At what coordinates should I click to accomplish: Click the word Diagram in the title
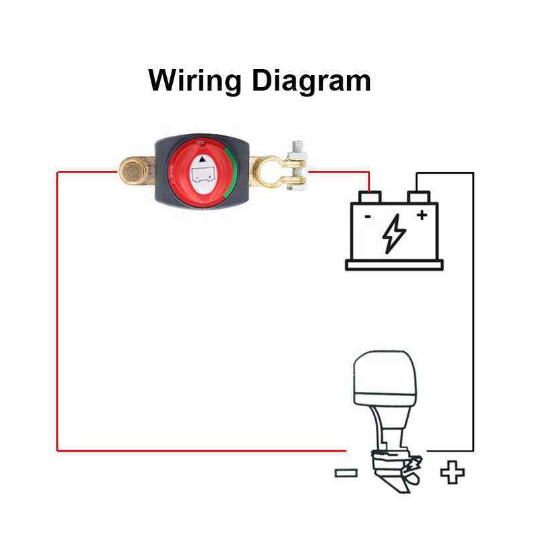pos(312,80)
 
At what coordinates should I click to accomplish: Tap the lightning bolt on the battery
pos(394,234)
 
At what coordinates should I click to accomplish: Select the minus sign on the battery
pos(368,216)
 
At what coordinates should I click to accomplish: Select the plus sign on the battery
pos(422,214)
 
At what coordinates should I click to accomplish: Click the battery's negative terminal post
pos(370,197)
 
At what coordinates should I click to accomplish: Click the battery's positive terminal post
pos(418,197)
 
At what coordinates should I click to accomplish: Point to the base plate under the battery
pos(394,265)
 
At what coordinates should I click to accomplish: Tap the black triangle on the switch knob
pos(203,159)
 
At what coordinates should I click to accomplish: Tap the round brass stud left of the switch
pos(131,170)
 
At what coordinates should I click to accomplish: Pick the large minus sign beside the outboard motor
pos(346,473)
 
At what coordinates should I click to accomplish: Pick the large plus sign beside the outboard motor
pos(452,472)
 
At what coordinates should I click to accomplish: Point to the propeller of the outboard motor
pos(413,470)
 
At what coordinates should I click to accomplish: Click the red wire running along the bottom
pos(202,451)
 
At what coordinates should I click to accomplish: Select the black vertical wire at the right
pos(473,312)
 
